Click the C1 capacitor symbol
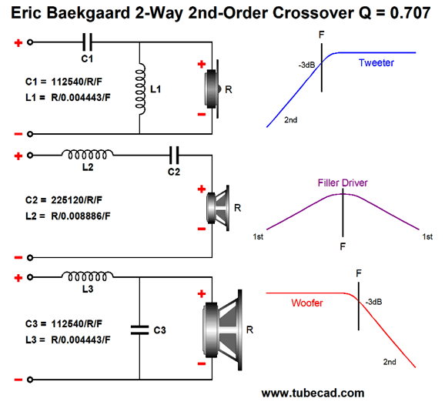tap(87, 42)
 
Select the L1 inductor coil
tap(140, 89)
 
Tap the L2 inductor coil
tap(88, 155)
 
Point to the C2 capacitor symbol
tap(174, 156)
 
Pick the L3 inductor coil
tap(88, 276)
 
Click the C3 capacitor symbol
tap(139, 330)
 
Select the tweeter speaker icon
tap(212, 89)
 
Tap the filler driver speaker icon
tap(218, 208)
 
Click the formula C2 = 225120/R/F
tap(64, 200)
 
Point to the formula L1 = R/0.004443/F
tap(68, 98)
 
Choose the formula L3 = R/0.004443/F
tap(68, 340)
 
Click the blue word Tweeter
tap(376, 62)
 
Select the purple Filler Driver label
tap(343, 182)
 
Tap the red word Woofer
tap(307, 303)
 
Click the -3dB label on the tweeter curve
tap(306, 65)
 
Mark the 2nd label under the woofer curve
tap(390, 362)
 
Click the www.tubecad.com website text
tap(313, 393)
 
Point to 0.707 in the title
tap(410, 13)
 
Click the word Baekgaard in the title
tap(88, 14)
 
